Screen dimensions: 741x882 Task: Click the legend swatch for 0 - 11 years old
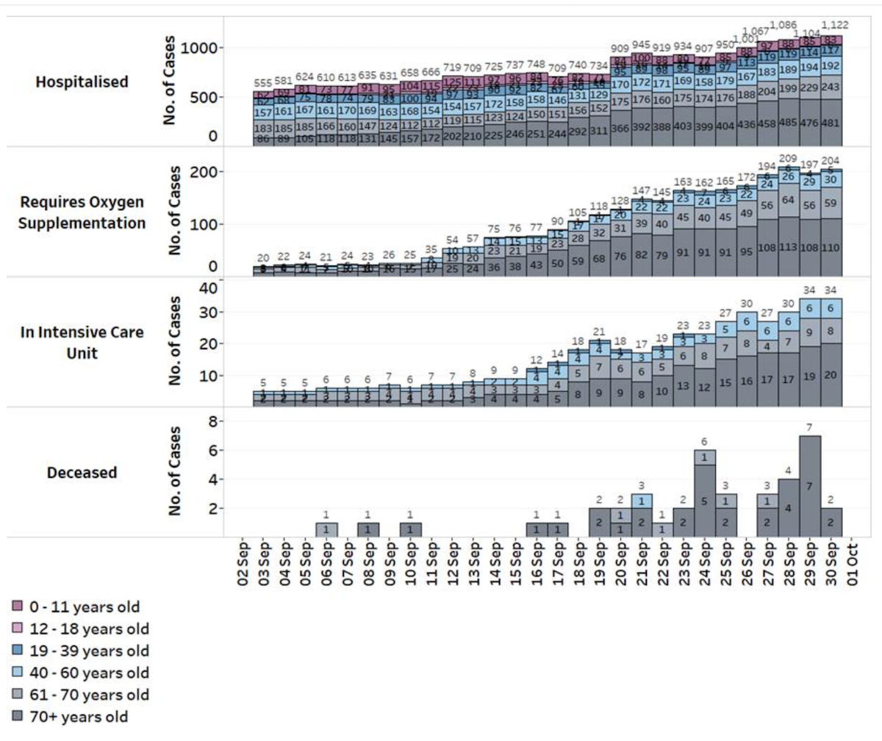[18, 606]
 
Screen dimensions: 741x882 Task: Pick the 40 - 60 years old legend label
[89, 673]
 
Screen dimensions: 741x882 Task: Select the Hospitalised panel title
[82, 82]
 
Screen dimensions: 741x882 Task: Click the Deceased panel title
[82, 473]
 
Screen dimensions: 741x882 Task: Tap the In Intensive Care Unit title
[82, 342]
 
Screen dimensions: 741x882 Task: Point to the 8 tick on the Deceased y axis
[212, 421]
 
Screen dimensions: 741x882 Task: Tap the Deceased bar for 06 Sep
[326, 530]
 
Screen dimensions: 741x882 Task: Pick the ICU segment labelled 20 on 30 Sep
[832, 375]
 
